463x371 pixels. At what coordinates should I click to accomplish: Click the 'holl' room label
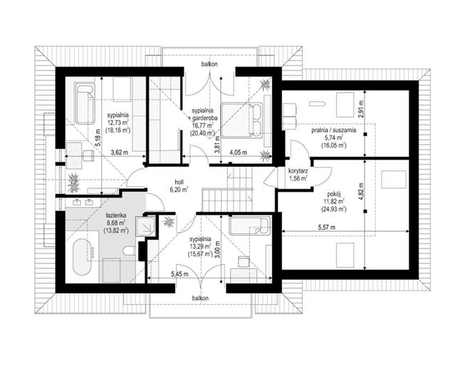pyautogui.click(x=180, y=183)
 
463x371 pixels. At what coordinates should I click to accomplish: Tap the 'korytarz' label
pyautogui.click(x=298, y=171)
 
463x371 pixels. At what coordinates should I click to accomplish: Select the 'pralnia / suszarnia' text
pyautogui.click(x=333, y=130)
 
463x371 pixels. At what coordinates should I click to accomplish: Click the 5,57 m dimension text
pyautogui.click(x=326, y=228)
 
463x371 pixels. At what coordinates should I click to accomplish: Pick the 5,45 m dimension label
pyautogui.click(x=180, y=274)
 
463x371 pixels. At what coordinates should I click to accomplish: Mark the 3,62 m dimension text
pyautogui.click(x=119, y=153)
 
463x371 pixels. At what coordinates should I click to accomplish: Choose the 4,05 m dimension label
pyautogui.click(x=239, y=153)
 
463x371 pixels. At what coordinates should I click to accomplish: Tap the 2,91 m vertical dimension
pyautogui.click(x=361, y=109)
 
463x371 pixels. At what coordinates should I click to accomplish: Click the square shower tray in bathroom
pyautogui.click(x=145, y=226)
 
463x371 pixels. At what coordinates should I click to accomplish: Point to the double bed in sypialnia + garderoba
pyautogui.click(x=241, y=120)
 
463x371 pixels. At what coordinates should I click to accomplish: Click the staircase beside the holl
pyautogui.click(x=228, y=189)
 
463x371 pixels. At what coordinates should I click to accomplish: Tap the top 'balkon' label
pyautogui.click(x=209, y=64)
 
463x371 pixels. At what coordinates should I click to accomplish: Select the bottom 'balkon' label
pyautogui.click(x=200, y=298)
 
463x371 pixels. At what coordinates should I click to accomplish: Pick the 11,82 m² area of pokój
pyautogui.click(x=333, y=202)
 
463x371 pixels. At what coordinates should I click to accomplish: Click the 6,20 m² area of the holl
pyautogui.click(x=179, y=190)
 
